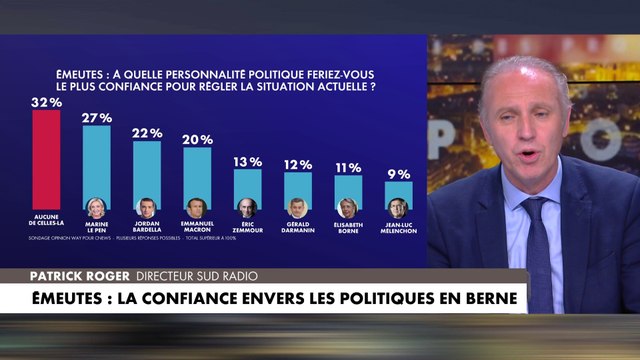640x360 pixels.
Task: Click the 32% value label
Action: tap(45, 101)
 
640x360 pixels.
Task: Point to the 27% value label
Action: tap(96, 117)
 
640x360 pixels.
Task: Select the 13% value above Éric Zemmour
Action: tap(248, 161)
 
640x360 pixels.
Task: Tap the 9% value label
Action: tap(398, 174)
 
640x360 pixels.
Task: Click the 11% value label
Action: tap(348, 167)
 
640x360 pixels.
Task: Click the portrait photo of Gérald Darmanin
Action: tap(298, 207)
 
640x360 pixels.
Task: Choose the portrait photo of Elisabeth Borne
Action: tap(348, 207)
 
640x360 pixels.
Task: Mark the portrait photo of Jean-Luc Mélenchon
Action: tap(398, 207)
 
